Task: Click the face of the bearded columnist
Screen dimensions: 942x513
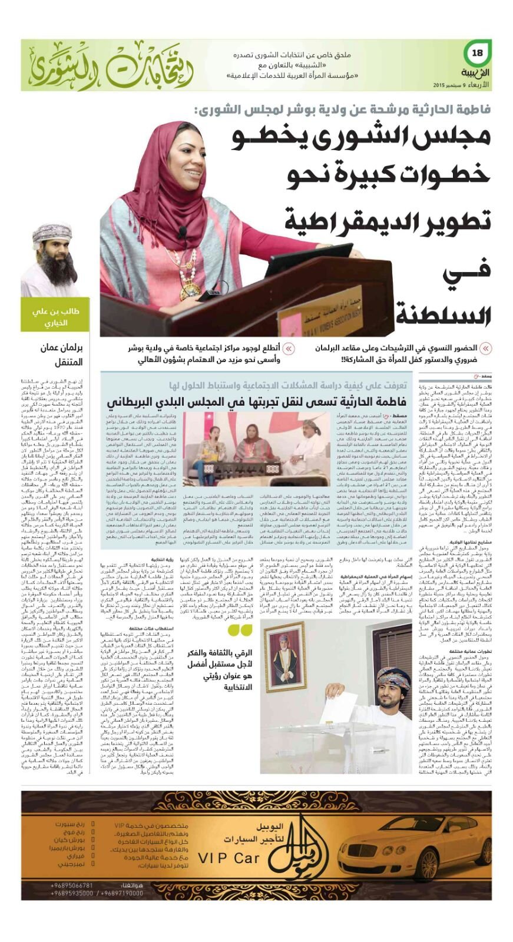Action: click(x=53, y=253)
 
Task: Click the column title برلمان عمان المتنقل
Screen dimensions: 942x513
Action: click(x=62, y=354)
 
